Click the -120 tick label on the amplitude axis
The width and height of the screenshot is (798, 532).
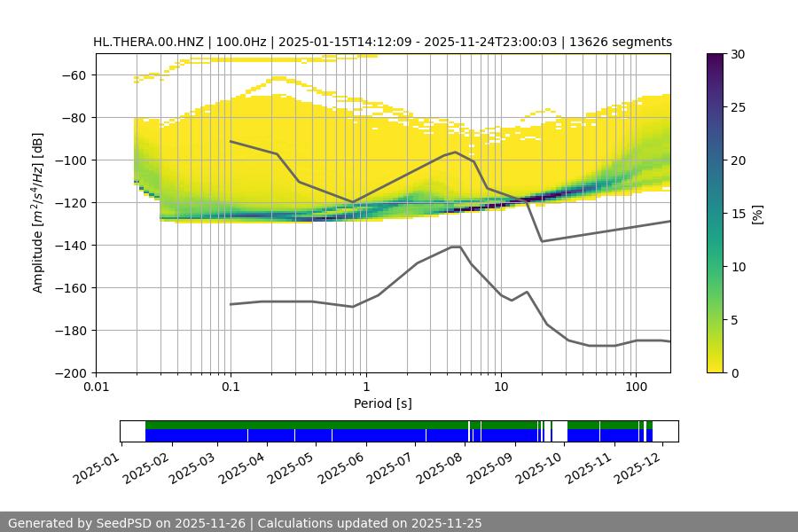[x=71, y=203]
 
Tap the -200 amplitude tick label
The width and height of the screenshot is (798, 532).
[x=71, y=373]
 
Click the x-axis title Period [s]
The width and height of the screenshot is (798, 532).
[x=383, y=403]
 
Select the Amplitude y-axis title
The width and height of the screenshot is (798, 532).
[x=38, y=213]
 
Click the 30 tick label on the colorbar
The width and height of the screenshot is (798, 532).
[x=737, y=54]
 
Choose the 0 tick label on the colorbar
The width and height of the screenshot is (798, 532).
[x=733, y=373]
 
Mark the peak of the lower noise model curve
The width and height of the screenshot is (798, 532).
[x=456, y=246]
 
